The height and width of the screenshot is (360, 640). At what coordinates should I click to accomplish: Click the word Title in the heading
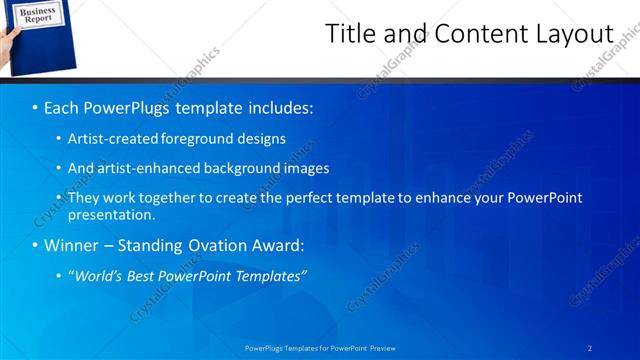(352, 33)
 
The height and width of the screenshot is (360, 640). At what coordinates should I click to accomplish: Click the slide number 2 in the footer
(590, 348)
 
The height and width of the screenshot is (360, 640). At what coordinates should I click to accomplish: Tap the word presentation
(109, 215)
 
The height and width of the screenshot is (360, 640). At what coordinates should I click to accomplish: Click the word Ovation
(203, 245)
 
